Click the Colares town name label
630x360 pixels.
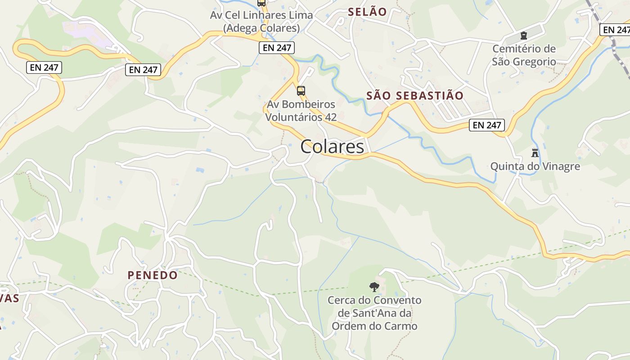click(x=332, y=147)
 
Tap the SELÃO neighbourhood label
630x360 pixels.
click(x=367, y=12)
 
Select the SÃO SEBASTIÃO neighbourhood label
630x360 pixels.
click(x=414, y=95)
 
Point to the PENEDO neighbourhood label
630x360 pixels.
click(x=153, y=275)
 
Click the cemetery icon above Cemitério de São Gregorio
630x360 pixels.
click(x=523, y=36)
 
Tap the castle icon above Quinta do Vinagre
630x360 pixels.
click(x=535, y=153)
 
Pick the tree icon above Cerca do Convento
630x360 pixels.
click(x=374, y=287)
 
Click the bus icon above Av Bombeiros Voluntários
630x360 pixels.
click(x=301, y=91)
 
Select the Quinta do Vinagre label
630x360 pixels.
click(x=535, y=166)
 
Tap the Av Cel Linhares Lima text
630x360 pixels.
click(x=261, y=15)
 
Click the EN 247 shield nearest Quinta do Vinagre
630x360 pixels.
click(x=486, y=125)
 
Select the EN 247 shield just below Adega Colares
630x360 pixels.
click(x=276, y=47)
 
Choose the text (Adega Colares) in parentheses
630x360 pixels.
click(x=261, y=28)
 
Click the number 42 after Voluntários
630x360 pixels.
click(x=330, y=117)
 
